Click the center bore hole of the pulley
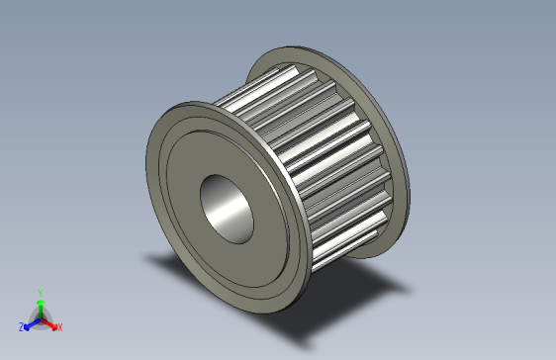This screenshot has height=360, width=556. tap(230, 209)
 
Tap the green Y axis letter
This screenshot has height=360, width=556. tap(40, 292)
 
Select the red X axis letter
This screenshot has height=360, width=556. tap(59, 326)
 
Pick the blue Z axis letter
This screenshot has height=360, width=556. tap(22, 326)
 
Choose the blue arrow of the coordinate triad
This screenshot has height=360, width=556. tap(31, 322)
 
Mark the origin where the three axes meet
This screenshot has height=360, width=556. tap(40, 316)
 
